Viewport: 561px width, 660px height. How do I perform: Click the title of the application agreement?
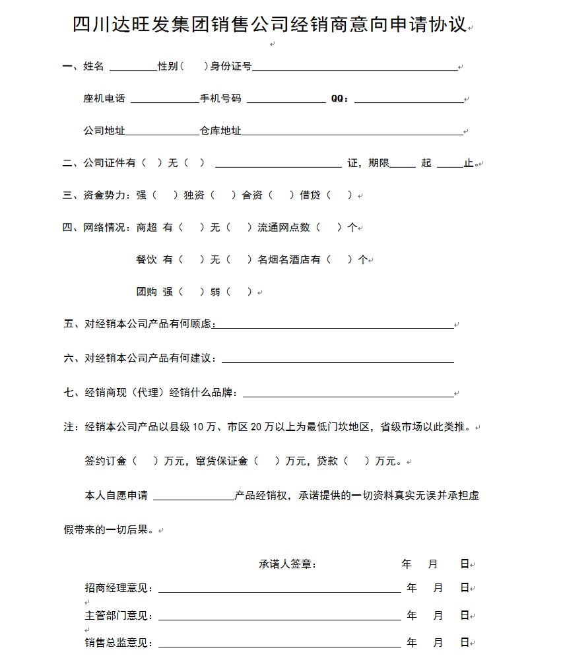(270, 26)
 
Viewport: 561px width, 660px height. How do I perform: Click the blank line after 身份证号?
(355, 67)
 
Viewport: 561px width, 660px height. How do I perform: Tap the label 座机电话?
(104, 99)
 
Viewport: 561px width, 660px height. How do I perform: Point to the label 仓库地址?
(220, 131)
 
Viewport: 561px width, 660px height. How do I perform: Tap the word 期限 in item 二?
(378, 163)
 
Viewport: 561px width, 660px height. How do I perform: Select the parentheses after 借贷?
(340, 195)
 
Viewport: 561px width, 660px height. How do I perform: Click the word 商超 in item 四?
(147, 228)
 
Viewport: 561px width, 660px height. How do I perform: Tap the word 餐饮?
(147, 260)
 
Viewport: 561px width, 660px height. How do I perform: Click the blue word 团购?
(147, 292)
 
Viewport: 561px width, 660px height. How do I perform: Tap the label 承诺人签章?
(286, 564)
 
